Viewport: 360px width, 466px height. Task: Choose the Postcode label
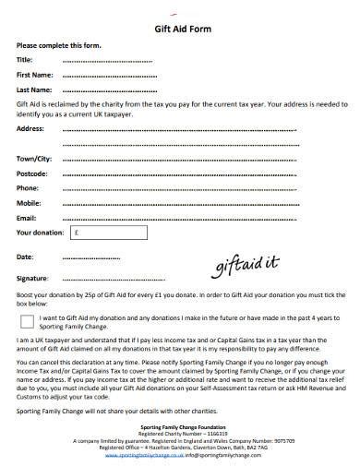(33, 173)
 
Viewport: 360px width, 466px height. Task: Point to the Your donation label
(38, 233)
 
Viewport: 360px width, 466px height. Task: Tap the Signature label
(33, 277)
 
